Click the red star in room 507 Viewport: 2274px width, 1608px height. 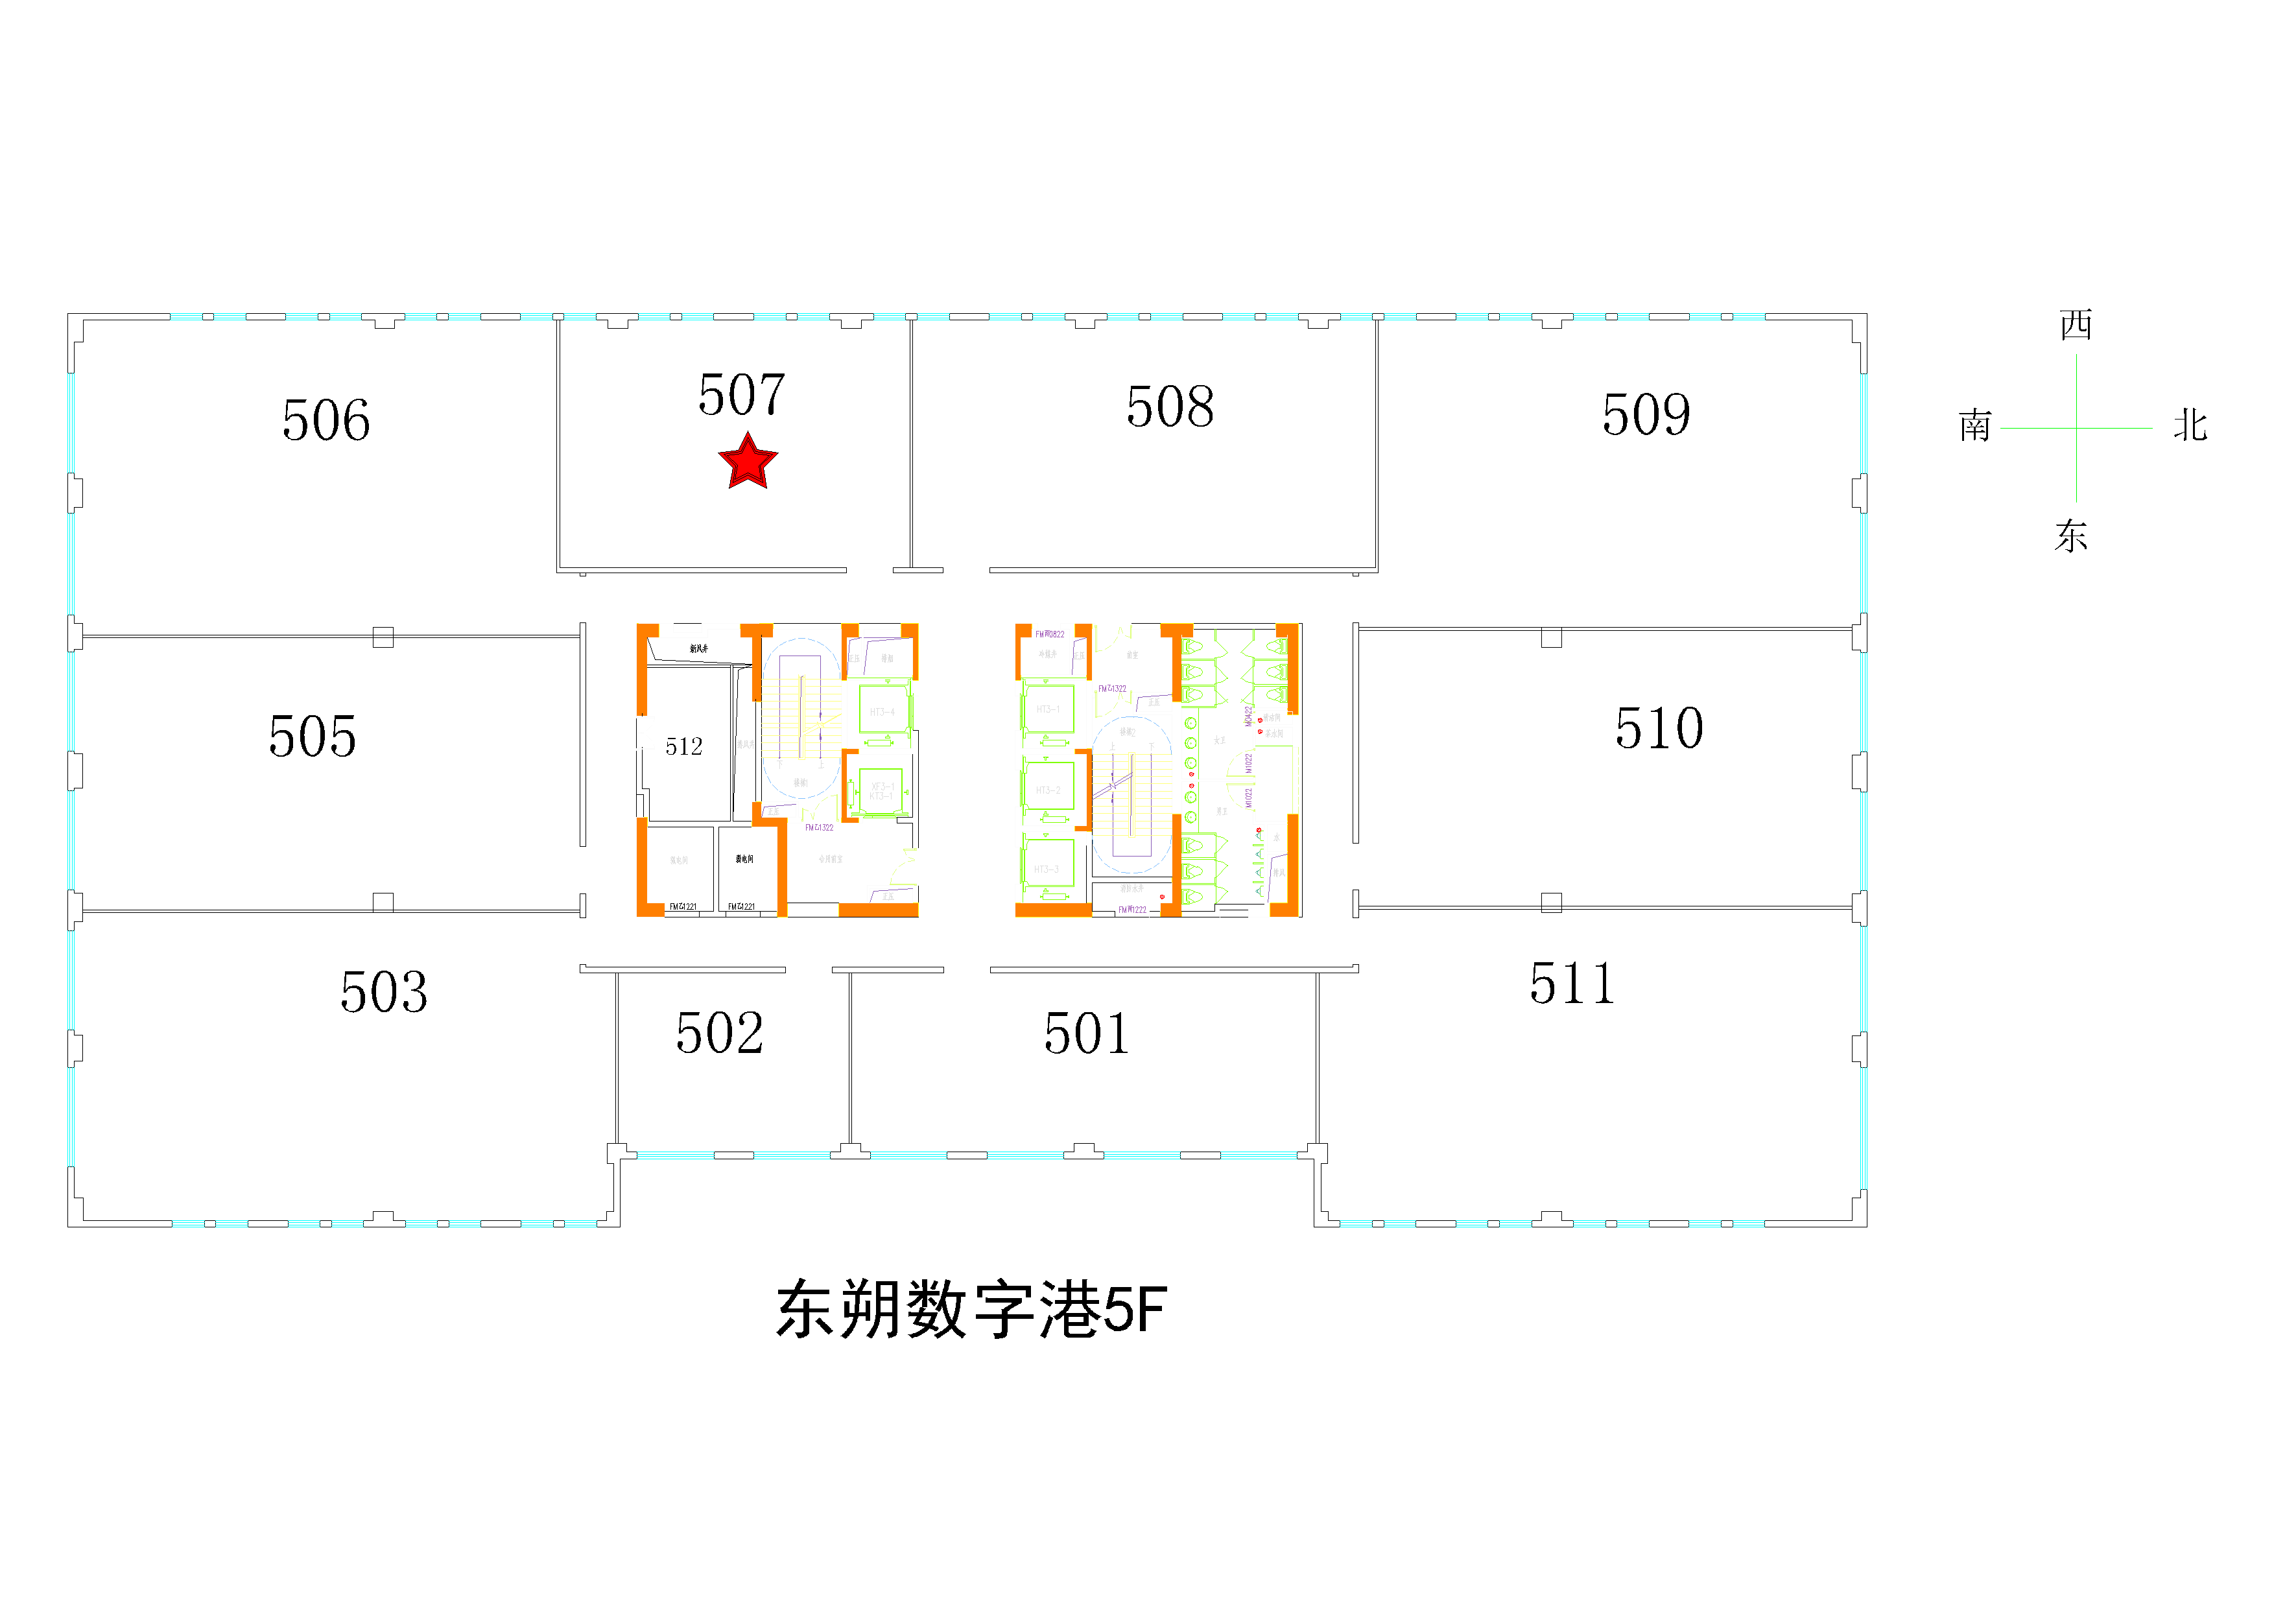[748, 462]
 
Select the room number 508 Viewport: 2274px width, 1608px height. [1170, 407]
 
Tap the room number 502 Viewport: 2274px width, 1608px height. [719, 1034]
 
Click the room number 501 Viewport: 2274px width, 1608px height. [1087, 1034]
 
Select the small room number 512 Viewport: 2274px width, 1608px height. [683, 746]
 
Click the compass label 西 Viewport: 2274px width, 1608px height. [2076, 325]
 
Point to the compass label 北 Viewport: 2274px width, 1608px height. [2191, 426]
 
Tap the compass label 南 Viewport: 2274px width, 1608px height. [1975, 426]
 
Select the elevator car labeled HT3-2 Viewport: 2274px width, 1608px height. [1048, 789]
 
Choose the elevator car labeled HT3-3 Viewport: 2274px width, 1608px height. [1048, 868]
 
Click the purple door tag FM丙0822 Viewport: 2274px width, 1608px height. [1050, 633]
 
